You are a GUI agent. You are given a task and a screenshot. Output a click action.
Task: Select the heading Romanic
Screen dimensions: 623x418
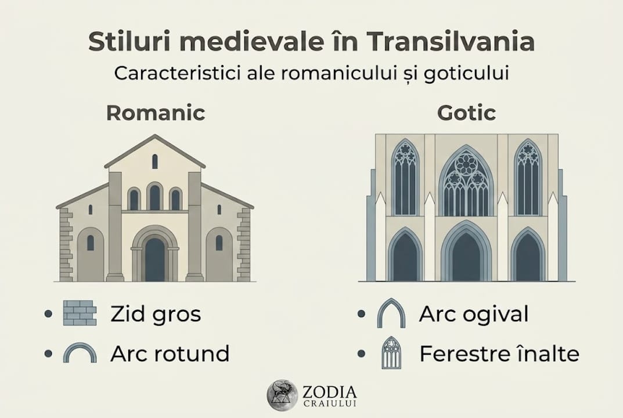(x=156, y=113)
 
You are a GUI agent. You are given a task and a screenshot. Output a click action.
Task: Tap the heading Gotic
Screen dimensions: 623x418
(x=466, y=113)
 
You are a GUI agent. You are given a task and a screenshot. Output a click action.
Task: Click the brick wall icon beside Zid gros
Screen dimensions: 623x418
(x=80, y=313)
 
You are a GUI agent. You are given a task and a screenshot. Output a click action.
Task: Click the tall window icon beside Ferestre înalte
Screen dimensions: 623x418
(x=391, y=353)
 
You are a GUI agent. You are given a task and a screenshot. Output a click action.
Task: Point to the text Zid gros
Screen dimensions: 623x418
(x=156, y=314)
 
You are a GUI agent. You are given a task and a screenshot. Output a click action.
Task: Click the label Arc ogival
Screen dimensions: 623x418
(x=474, y=314)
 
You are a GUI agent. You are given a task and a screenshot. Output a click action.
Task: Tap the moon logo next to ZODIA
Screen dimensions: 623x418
(x=282, y=395)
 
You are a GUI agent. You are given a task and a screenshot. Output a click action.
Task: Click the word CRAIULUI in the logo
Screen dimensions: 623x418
(x=329, y=403)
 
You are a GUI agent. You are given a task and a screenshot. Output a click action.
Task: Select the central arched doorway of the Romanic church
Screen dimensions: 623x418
(x=154, y=258)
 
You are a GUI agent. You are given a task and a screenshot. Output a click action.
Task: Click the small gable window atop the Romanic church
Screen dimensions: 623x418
(x=155, y=161)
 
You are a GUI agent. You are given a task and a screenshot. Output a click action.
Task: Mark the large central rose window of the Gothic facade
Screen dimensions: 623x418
(x=466, y=181)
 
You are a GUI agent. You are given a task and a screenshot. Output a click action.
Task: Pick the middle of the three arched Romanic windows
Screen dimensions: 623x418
(x=154, y=197)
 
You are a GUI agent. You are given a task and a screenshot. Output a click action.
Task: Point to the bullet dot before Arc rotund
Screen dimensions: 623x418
(x=48, y=353)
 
